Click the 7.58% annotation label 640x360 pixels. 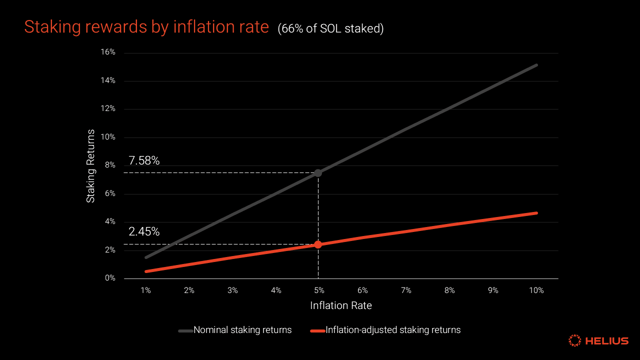pyautogui.click(x=144, y=160)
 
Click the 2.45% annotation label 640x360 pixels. pyautogui.click(x=144, y=231)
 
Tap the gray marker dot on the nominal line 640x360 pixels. pyautogui.click(x=318, y=173)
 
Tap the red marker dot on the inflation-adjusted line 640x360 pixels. pyautogui.click(x=318, y=244)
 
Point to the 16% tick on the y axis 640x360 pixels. pyautogui.click(x=108, y=52)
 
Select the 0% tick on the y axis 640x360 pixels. pyautogui.click(x=110, y=278)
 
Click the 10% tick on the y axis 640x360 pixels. pyautogui.click(x=108, y=137)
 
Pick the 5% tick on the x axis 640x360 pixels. pyautogui.click(x=319, y=290)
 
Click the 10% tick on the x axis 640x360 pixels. pyautogui.click(x=536, y=290)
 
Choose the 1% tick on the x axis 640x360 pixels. pyautogui.click(x=145, y=290)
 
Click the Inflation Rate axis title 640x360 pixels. pyautogui.click(x=341, y=305)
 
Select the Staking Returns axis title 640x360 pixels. pyautogui.click(x=90, y=165)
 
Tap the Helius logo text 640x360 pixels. pyautogui.click(x=606, y=341)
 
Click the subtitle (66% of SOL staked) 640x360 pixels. pyautogui.click(x=330, y=29)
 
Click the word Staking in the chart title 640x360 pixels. pyautogui.click(x=51, y=27)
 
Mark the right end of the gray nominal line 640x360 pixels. pyautogui.click(x=536, y=65)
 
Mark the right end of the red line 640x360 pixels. pyautogui.click(x=536, y=213)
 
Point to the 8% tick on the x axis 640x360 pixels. pyautogui.click(x=449, y=290)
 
